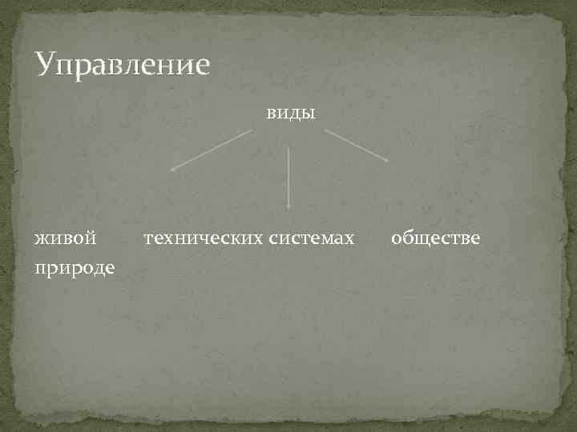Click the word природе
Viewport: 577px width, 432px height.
click(x=74, y=266)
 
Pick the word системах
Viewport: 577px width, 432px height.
click(x=312, y=238)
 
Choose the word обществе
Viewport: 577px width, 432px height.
click(x=436, y=238)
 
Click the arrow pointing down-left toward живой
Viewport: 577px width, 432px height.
click(x=211, y=150)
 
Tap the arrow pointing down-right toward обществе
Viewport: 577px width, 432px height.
click(x=357, y=146)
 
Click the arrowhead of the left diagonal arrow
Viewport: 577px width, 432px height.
click(x=171, y=169)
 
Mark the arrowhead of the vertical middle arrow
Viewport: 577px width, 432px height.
click(x=288, y=207)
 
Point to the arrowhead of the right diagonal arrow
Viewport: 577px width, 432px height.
click(x=386, y=160)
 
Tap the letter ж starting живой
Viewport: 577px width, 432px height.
click(x=42, y=238)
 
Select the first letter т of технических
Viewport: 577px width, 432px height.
click(x=148, y=238)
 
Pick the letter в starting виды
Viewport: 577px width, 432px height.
click(x=272, y=114)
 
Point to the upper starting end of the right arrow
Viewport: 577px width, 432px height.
click(x=326, y=131)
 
